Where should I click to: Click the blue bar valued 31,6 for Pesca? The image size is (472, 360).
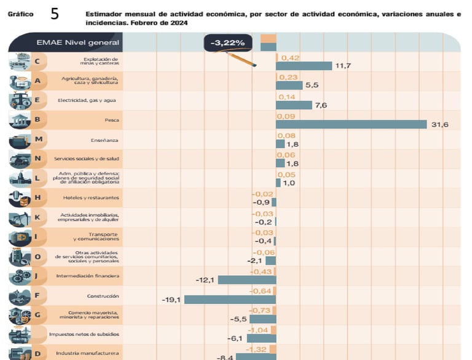352,125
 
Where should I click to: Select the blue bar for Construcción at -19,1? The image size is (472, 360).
230,300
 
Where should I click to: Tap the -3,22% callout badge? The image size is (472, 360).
227,43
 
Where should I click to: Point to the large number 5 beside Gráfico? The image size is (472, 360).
55,14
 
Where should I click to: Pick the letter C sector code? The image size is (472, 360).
37,61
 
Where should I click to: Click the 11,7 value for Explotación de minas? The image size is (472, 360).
343,66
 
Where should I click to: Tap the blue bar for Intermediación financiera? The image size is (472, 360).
247,280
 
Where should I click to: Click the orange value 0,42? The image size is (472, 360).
289,58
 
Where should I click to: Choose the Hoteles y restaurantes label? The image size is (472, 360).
91,198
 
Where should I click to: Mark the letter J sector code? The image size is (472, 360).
37,276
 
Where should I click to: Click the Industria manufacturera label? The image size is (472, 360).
87,353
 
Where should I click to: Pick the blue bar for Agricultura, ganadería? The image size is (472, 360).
289,85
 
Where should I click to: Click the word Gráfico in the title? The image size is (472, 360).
20,14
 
